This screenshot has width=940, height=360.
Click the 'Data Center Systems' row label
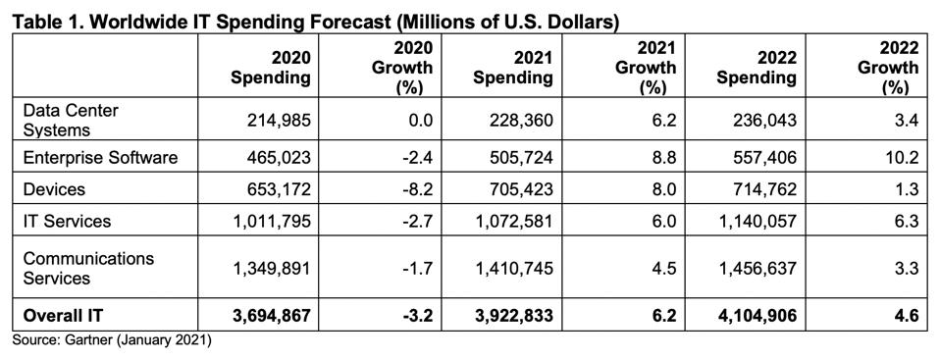[x=71, y=121]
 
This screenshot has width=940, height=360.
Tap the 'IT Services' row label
[x=67, y=221]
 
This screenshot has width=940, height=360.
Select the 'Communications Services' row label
[x=88, y=268]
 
